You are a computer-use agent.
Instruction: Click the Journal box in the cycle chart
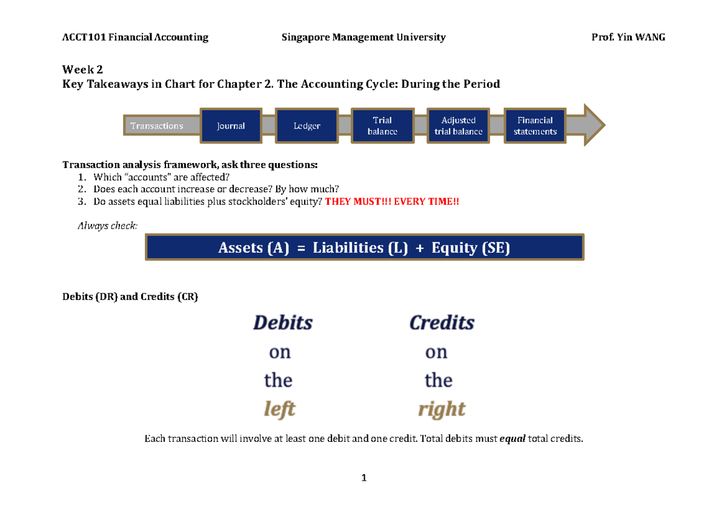click(231, 126)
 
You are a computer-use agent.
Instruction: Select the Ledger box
click(307, 126)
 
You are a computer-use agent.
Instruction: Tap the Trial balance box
click(382, 126)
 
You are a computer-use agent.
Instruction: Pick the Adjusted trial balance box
click(458, 126)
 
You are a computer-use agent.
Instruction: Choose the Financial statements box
click(535, 126)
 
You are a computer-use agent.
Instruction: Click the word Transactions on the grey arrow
click(156, 126)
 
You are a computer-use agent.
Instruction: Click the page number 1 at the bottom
click(363, 478)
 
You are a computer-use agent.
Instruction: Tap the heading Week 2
click(79, 70)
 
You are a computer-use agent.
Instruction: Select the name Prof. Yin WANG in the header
click(628, 38)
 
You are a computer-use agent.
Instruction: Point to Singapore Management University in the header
click(363, 38)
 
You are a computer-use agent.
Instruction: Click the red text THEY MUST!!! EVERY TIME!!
click(392, 202)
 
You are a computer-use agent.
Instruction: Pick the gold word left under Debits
click(279, 409)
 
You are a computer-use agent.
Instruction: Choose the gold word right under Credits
click(442, 409)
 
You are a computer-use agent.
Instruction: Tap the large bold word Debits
click(282, 322)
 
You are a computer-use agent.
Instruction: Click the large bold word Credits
click(442, 322)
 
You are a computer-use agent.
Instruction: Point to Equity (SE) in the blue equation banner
click(471, 248)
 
